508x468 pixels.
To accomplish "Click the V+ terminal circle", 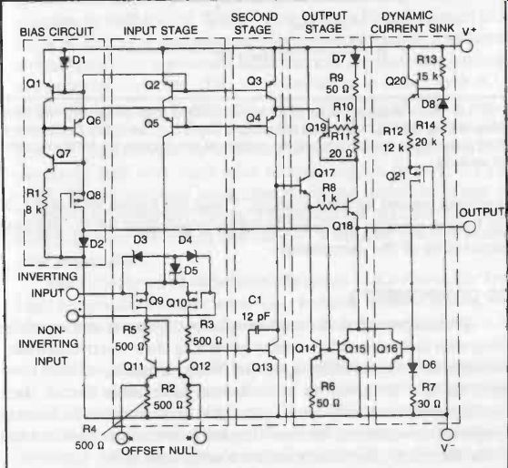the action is coord(467,46).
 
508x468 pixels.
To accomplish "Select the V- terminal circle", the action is coord(447,434).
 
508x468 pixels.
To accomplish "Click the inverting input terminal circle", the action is coord(73,294).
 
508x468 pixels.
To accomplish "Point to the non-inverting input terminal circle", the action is coord(73,316).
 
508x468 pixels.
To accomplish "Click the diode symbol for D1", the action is coord(65,61).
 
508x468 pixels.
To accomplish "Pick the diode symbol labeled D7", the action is coord(355,59).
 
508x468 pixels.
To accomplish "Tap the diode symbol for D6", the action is coord(412,368).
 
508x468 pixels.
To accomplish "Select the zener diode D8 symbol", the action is coord(442,104).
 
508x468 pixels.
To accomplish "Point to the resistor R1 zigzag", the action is coord(45,200).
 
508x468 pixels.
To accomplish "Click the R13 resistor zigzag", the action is coord(442,67).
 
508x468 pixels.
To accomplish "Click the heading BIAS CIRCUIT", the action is coord(56,32).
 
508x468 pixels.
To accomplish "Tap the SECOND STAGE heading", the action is coord(254,24).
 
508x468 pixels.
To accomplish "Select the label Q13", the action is coord(262,367).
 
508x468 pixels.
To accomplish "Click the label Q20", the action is coord(396,81).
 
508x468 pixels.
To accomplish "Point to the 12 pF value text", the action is coord(256,316).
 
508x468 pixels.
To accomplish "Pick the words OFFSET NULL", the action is coord(159,451).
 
